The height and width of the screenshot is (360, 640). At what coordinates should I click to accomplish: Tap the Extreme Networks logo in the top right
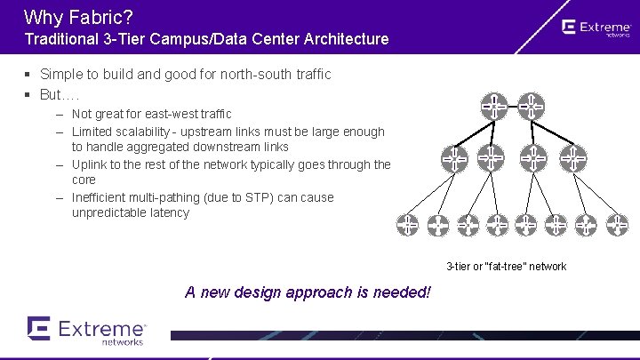click(596, 29)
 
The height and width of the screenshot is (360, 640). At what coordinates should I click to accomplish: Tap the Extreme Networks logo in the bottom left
click(86, 331)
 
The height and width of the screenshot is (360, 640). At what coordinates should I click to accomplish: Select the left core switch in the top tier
click(494, 107)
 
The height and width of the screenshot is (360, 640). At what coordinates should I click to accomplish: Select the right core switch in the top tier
click(531, 107)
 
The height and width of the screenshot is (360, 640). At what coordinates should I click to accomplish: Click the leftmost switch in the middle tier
click(454, 158)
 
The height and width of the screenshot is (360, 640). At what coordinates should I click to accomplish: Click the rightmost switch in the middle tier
click(573, 158)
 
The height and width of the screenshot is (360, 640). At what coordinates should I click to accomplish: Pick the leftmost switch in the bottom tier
click(407, 225)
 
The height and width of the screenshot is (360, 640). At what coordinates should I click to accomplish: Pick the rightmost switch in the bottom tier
click(617, 225)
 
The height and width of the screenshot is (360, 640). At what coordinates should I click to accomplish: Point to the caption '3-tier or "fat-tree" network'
click(506, 267)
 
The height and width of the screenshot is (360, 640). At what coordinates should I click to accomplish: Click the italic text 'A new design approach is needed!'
click(308, 292)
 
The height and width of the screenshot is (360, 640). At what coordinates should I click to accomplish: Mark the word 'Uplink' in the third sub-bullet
click(90, 164)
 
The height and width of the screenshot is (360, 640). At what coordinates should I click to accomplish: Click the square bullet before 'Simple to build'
click(28, 75)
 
